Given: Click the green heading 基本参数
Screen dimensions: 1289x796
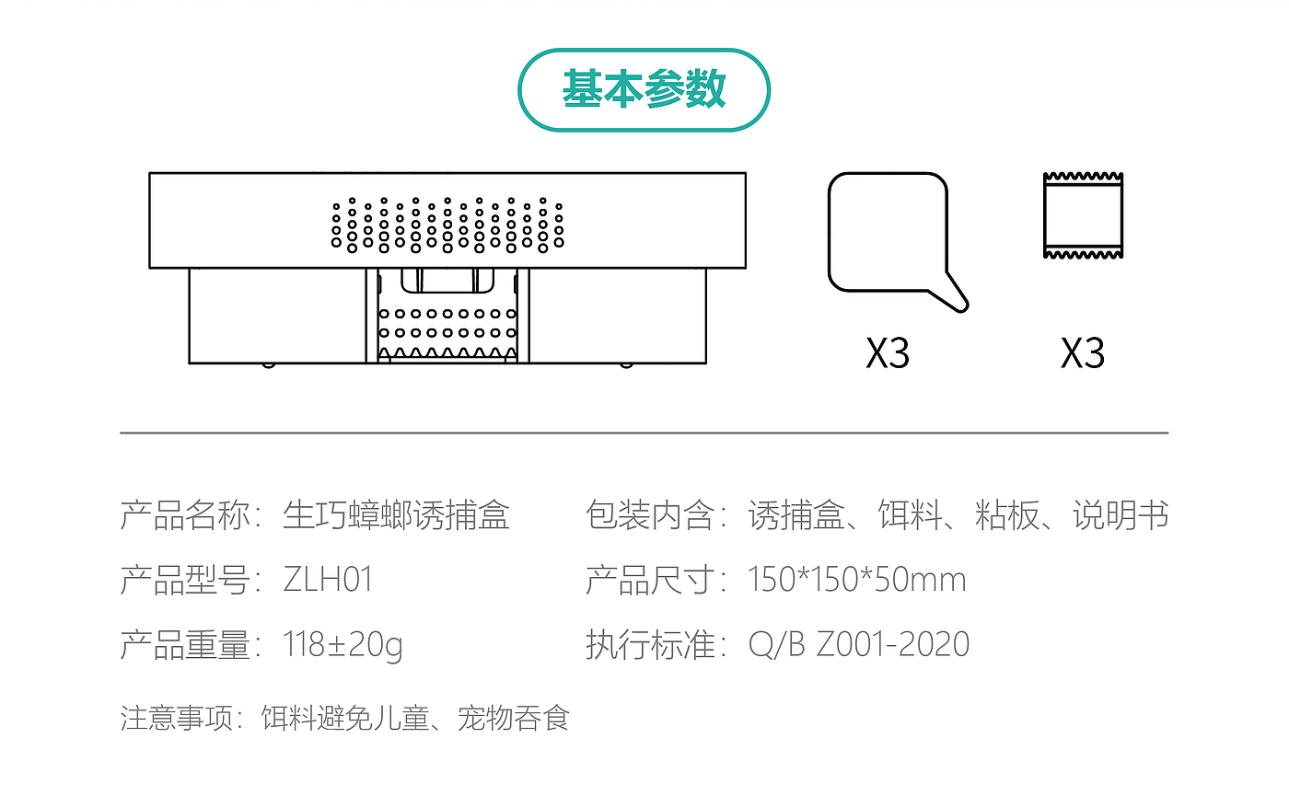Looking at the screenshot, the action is pos(644,89).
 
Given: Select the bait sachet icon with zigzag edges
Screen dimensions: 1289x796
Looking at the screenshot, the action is pos(1083,215).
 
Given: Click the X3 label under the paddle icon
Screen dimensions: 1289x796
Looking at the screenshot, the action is pos(888,353).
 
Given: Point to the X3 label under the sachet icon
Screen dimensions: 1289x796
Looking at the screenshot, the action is pos(1082,353).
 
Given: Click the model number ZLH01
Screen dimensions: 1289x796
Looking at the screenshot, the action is pos(328,580).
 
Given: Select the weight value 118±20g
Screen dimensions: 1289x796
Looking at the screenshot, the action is pos(343,645).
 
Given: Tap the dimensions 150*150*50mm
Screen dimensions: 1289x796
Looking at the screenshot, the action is pos(857,580).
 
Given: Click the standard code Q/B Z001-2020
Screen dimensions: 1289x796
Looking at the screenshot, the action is pos(859,644).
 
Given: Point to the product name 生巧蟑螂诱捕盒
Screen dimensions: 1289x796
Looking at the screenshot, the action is pos(396,515).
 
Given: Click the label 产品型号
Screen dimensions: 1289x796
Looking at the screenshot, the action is pos(184,580).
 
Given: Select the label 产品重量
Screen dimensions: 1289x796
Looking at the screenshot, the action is pos(184,645).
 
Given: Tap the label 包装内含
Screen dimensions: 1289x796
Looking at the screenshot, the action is pos(650,515).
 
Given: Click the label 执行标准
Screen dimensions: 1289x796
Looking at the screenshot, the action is pos(650,644).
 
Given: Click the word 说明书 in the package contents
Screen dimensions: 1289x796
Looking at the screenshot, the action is pos(1121,515).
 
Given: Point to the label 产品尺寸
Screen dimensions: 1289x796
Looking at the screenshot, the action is pos(650,580).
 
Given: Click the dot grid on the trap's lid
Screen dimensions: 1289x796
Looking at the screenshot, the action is pos(447,223).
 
